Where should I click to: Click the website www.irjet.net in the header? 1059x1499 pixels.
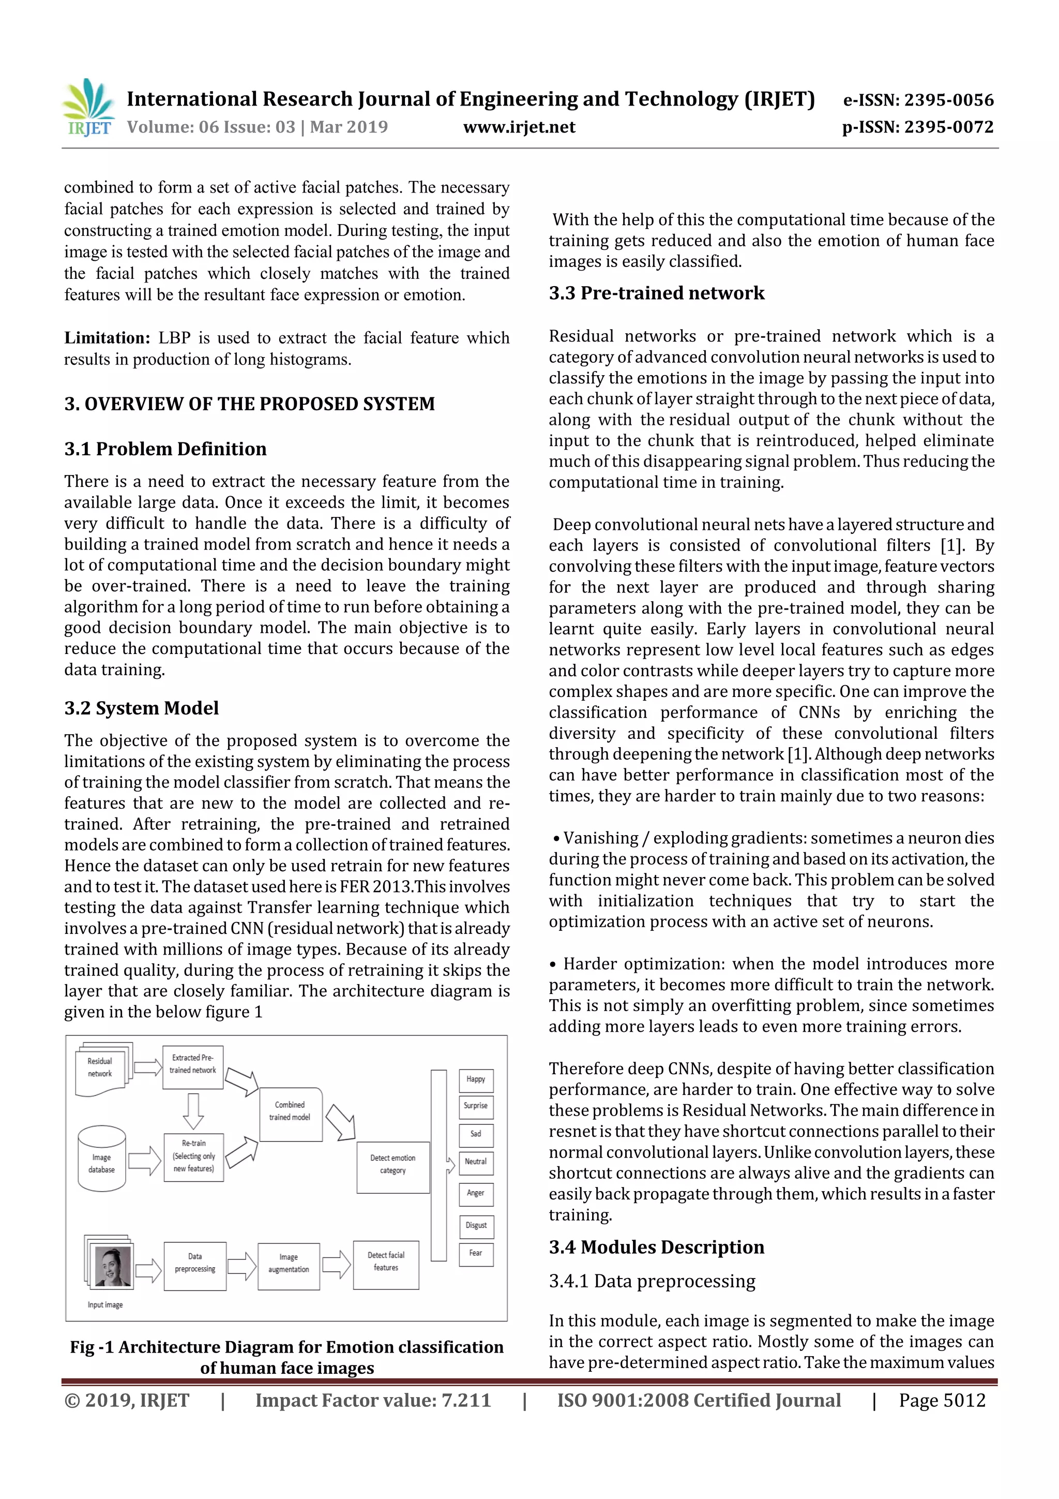pyautogui.click(x=519, y=127)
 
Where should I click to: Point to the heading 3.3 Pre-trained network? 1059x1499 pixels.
pyautogui.click(x=656, y=293)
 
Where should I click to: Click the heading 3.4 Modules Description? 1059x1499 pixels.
pyautogui.click(x=656, y=1247)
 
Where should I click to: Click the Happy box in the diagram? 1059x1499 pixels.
pyautogui.click(x=476, y=1079)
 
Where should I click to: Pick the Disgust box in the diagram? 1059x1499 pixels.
pyautogui.click(x=476, y=1225)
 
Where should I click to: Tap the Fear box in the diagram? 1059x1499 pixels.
pyautogui.click(x=476, y=1254)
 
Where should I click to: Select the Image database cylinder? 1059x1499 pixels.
pyautogui.click(x=102, y=1159)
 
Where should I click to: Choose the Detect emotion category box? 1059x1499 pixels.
pyautogui.click(x=393, y=1164)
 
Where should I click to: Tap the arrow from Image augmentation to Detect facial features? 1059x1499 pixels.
pyautogui.click(x=336, y=1265)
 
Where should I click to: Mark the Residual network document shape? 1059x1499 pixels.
pyautogui.click(x=102, y=1069)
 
